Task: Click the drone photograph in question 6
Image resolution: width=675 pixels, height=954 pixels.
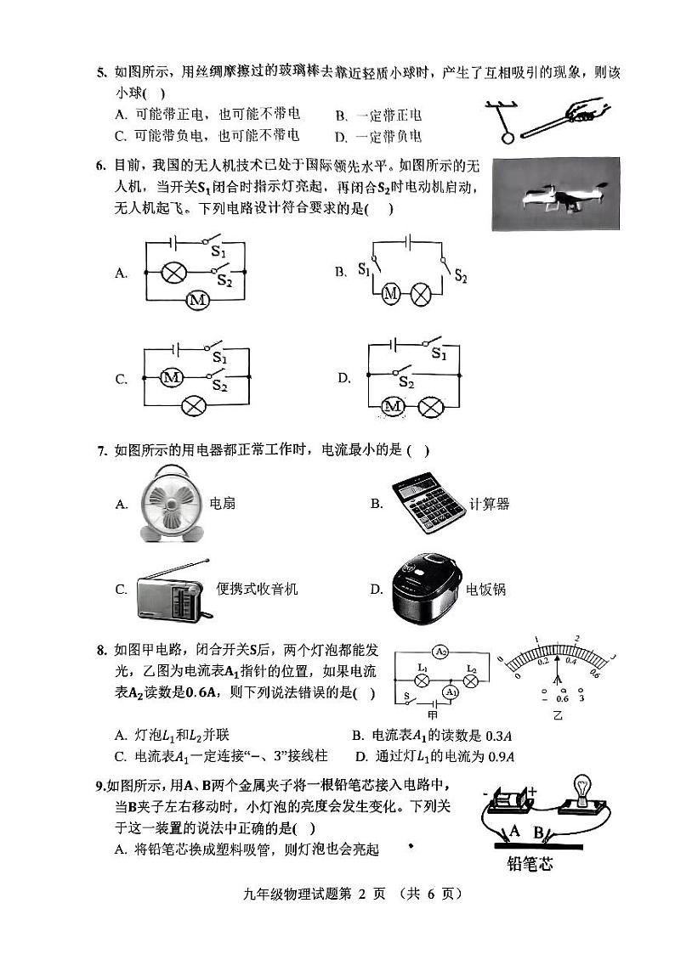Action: [554, 195]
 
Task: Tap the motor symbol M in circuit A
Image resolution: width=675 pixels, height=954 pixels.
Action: [197, 300]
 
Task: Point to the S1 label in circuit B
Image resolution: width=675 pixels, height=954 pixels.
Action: [364, 270]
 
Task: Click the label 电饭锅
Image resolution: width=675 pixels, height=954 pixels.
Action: [485, 588]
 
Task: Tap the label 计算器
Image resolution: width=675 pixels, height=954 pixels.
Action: [489, 504]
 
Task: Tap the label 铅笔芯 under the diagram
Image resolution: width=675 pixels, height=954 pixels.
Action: [529, 865]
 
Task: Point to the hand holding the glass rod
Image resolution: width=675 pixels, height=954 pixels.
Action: [587, 111]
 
